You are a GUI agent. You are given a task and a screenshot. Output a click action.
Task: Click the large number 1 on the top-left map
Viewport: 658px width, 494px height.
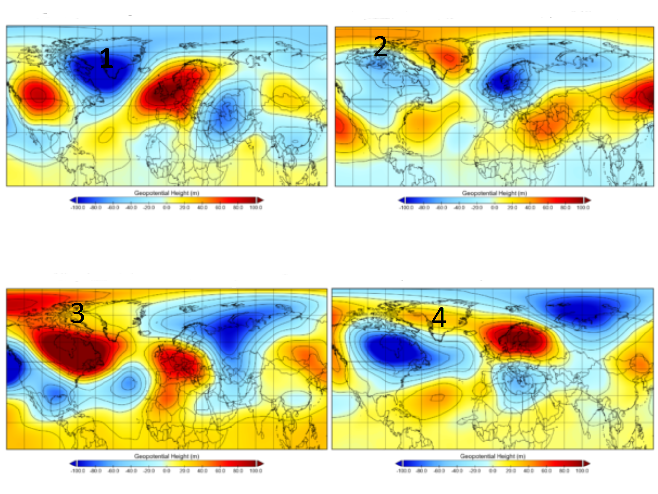(x=106, y=59)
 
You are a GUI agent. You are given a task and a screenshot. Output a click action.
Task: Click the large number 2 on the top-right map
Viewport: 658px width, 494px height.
(x=380, y=47)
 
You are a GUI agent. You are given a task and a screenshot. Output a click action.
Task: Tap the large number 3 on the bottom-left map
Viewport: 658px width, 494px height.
(x=77, y=313)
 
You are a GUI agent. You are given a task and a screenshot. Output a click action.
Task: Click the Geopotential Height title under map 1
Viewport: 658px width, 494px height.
(x=166, y=193)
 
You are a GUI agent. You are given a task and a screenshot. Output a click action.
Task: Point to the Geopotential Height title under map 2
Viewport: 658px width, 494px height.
(x=494, y=193)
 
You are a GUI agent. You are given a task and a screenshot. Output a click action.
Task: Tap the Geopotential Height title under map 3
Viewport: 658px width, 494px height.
(x=166, y=456)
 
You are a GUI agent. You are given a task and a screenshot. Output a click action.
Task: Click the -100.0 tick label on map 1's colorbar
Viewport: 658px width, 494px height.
(x=78, y=208)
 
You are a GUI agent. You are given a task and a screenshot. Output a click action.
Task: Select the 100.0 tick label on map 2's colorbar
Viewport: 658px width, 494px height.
(x=583, y=208)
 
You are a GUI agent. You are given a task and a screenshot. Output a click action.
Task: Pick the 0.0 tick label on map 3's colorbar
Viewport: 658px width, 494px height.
(x=166, y=471)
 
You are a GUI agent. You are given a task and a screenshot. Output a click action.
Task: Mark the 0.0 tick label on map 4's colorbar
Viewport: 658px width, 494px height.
(x=492, y=471)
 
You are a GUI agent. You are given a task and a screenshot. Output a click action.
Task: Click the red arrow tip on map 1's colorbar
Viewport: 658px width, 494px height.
(x=261, y=200)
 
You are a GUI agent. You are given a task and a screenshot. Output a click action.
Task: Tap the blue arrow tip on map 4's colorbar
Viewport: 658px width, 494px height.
(x=399, y=463)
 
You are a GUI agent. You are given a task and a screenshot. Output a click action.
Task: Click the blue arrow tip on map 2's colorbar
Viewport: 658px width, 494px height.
(x=401, y=200)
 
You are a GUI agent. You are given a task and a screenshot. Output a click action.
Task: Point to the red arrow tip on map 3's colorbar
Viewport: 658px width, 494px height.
(x=261, y=463)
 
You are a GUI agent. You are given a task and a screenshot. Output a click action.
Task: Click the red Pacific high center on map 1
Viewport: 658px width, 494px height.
(x=38, y=94)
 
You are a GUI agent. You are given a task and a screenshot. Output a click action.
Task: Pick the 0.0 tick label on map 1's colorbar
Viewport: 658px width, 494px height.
(x=166, y=208)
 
